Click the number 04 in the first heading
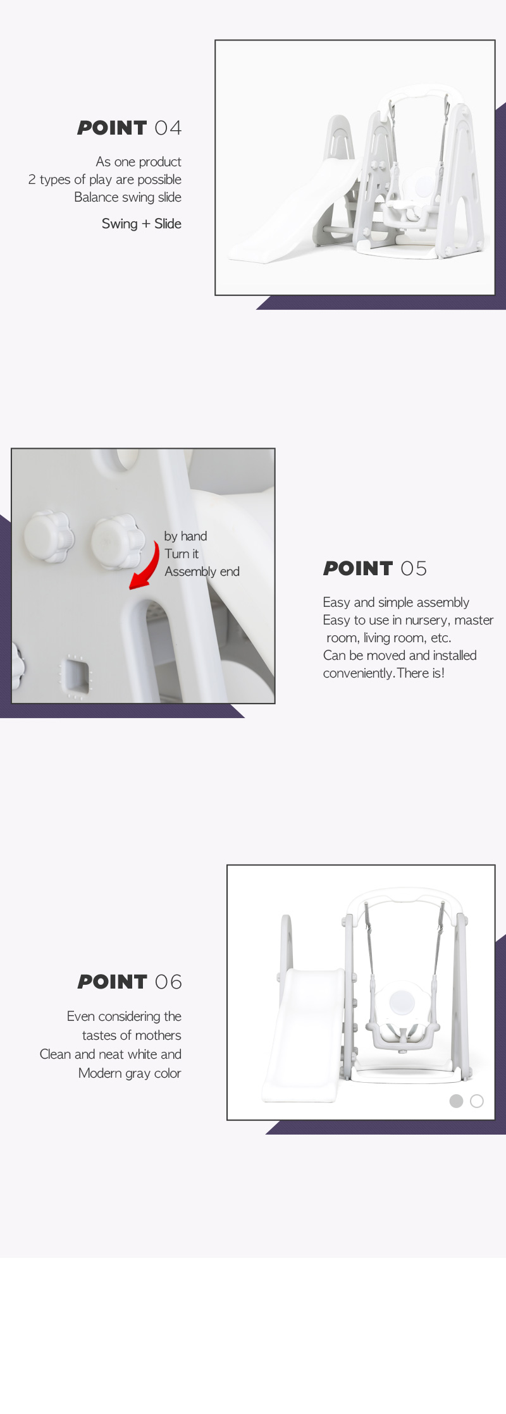pos(168,128)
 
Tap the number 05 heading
pos(414,569)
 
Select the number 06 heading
pos(168,982)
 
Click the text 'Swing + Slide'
pos(142,224)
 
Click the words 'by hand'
pos(185,536)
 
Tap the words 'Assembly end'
pos(202,571)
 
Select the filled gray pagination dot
pos(456,1101)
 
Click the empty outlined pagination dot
pos(477,1101)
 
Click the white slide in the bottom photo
pos(300,1037)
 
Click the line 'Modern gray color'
pos(130,1073)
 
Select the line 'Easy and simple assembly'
pos(396,602)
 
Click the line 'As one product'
pos(139,162)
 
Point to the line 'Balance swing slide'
pos(128,197)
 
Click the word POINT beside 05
pos(358,569)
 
